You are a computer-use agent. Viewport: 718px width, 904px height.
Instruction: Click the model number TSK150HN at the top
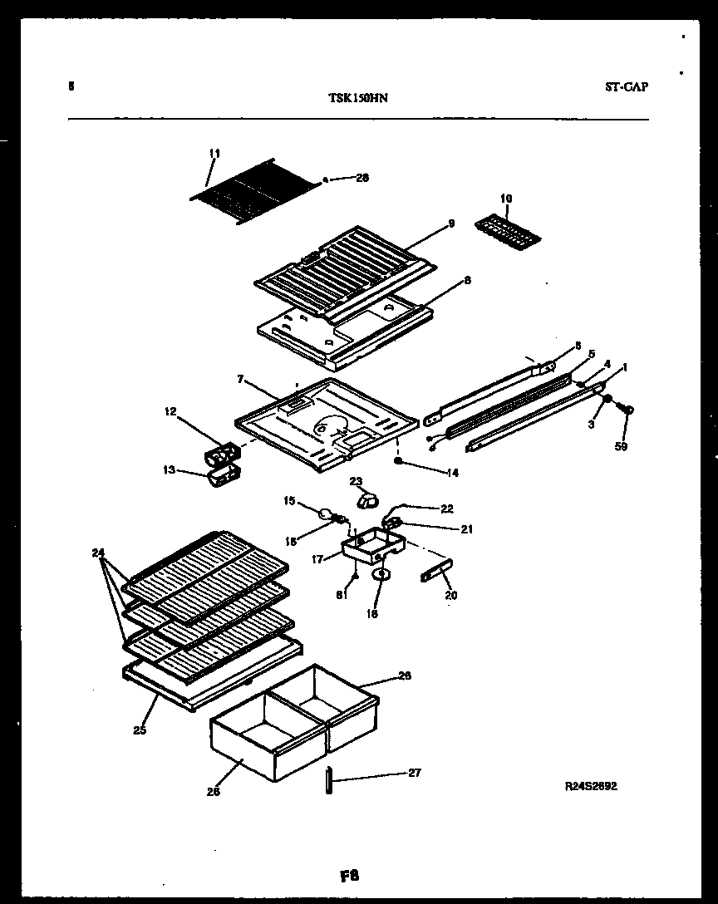[359, 97]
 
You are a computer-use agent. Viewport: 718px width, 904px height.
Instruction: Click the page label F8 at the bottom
[349, 876]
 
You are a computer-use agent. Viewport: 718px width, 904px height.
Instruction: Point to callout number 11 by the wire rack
[214, 153]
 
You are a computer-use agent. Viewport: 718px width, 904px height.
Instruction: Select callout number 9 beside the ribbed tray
[451, 223]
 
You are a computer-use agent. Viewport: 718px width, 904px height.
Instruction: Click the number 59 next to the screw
[622, 446]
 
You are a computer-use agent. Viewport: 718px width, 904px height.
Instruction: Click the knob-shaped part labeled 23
[366, 499]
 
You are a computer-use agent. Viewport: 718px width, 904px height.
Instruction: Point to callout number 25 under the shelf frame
[139, 730]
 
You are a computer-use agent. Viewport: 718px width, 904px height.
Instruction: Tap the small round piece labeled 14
[399, 460]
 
